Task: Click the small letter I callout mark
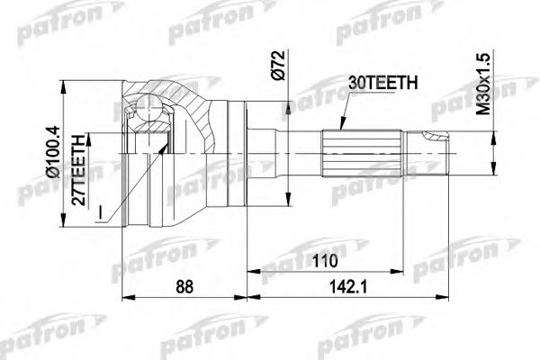click(102, 212)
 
